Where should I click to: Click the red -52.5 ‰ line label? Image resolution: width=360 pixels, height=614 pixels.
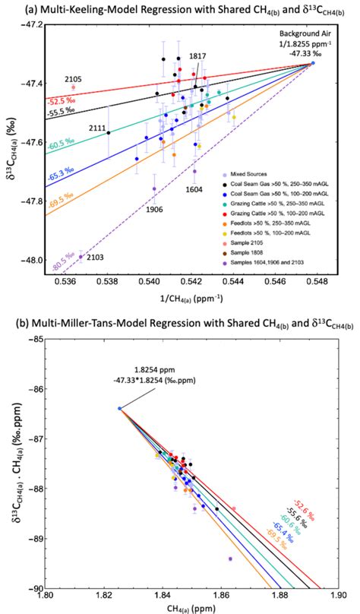(59, 101)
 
